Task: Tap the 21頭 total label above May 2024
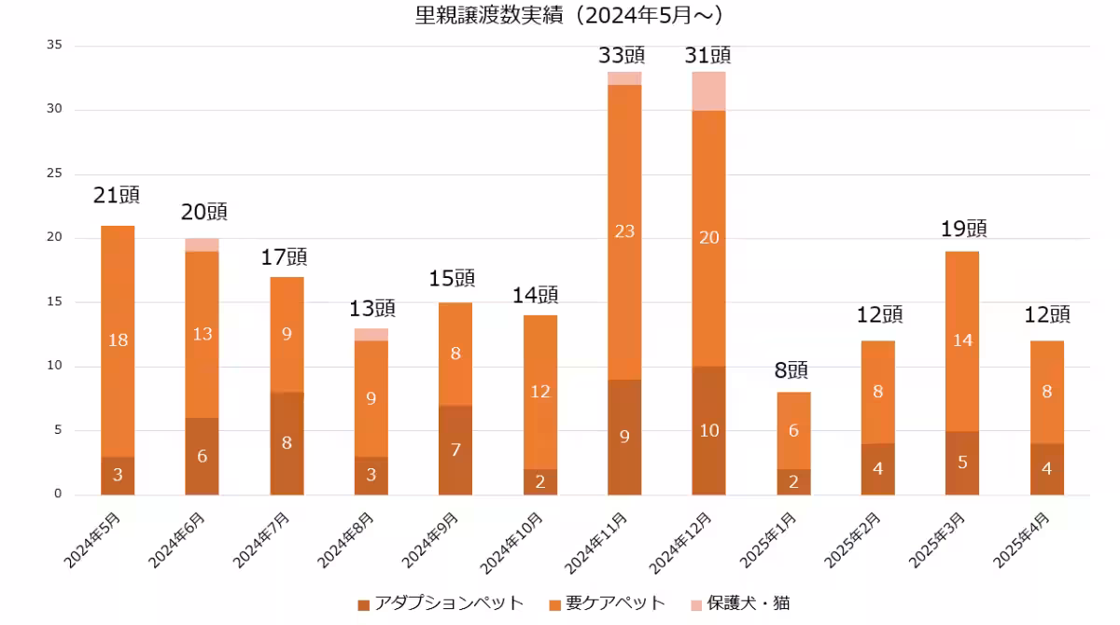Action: click(117, 195)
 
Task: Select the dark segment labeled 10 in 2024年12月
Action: click(708, 430)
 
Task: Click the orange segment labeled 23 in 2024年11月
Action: click(624, 231)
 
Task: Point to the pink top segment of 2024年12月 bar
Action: click(708, 90)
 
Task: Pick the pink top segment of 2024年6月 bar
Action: click(202, 244)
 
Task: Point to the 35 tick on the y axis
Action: click(54, 45)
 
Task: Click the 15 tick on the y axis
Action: click(54, 302)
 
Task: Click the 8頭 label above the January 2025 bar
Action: click(792, 370)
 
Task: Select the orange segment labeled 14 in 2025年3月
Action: click(962, 340)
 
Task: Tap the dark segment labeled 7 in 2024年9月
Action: click(455, 450)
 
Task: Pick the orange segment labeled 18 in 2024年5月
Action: click(118, 340)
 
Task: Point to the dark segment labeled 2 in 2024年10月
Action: click(539, 481)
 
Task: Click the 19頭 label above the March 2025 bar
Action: click(963, 229)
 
